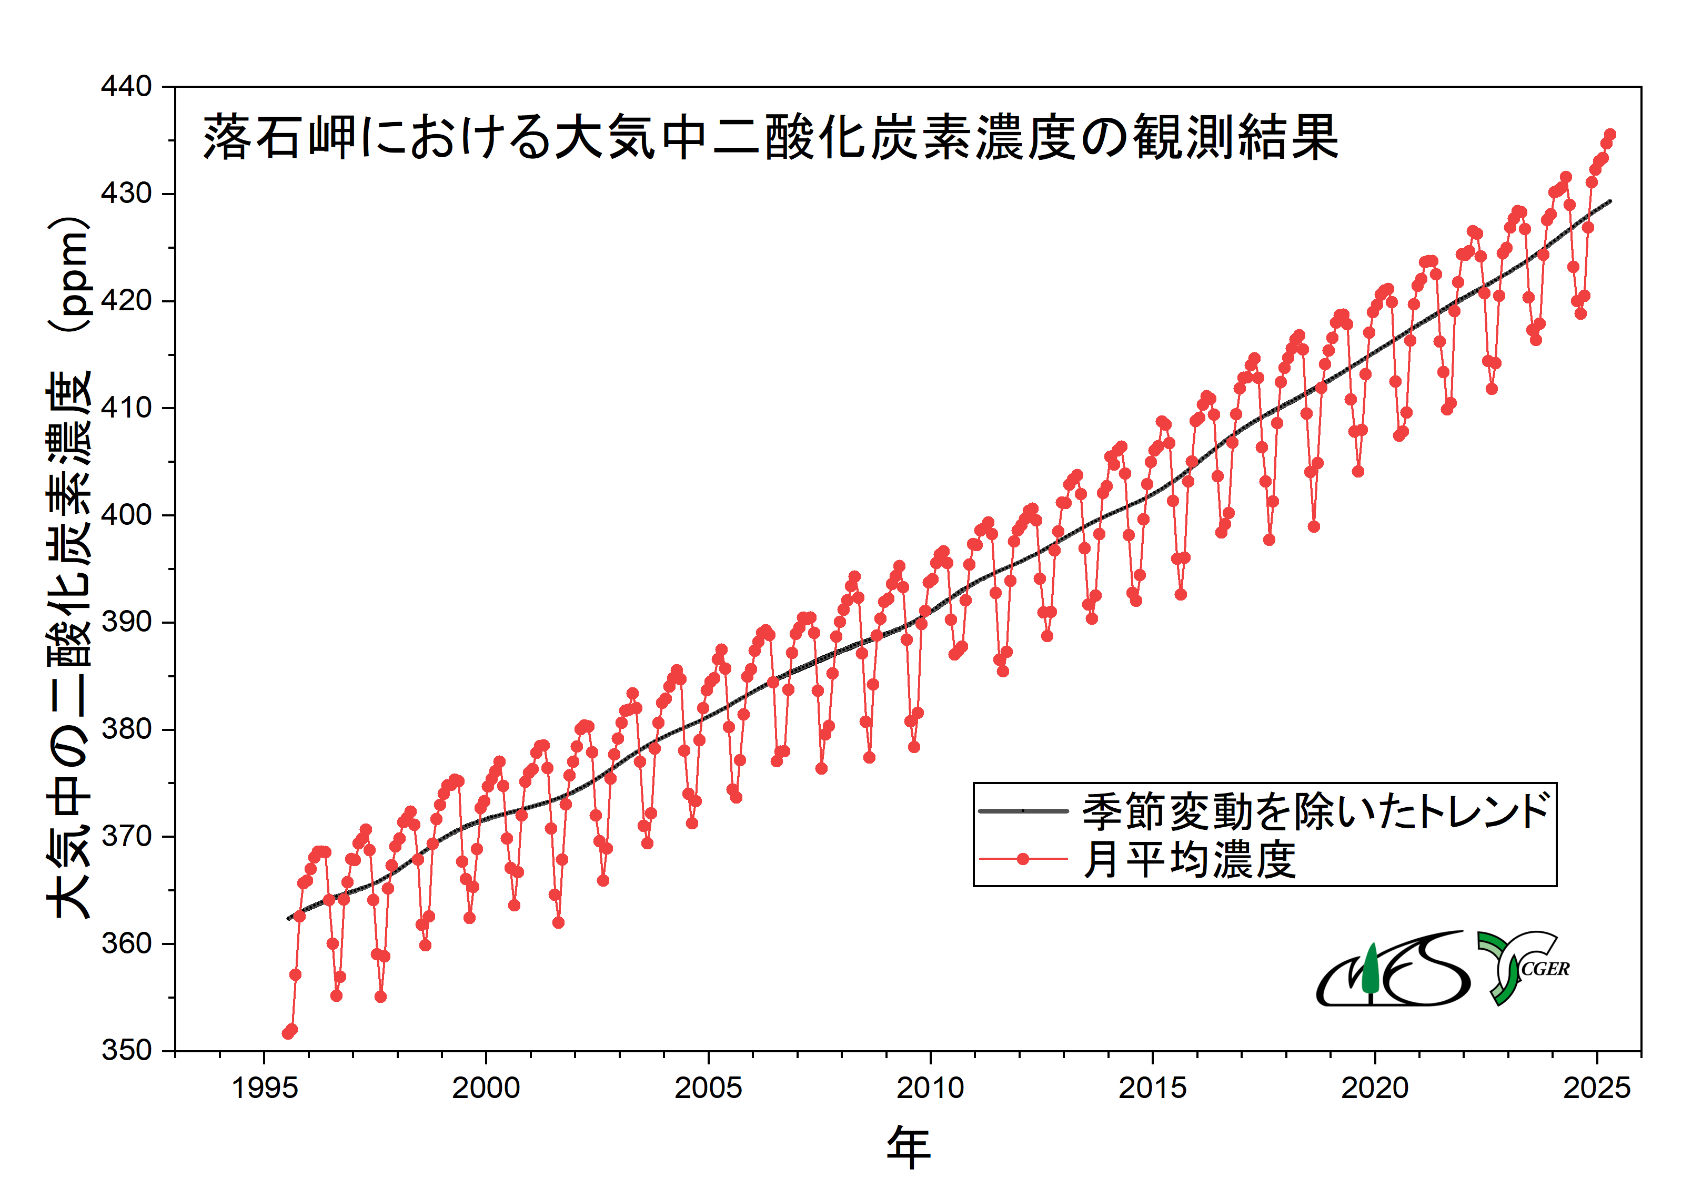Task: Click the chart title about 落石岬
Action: click(770, 137)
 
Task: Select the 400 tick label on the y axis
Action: click(126, 515)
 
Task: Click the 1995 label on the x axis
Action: click(265, 1088)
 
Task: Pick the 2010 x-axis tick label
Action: click(930, 1088)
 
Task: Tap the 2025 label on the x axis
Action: click(1596, 1088)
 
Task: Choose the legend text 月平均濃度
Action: click(1189, 859)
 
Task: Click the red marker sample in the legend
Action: click(1023, 859)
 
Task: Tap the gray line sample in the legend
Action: click(1023, 811)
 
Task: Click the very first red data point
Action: click(288, 1033)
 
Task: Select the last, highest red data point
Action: click(1610, 135)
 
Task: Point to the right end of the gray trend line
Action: click(1610, 201)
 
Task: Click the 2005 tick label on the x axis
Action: click(708, 1088)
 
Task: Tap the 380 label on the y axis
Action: click(126, 729)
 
